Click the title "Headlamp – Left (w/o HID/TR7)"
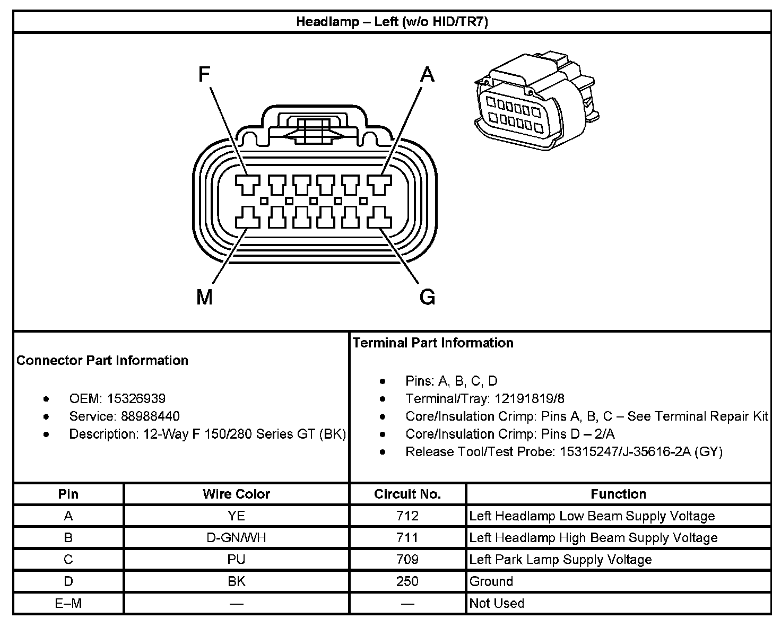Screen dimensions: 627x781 [x=392, y=22]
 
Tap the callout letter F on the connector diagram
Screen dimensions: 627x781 [x=204, y=75]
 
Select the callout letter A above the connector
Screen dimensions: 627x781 [x=427, y=75]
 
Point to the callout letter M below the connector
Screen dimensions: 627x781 [x=204, y=297]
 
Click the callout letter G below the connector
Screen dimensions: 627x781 [x=427, y=297]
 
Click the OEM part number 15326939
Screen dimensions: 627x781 [x=136, y=398]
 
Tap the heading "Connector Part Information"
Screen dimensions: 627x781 [x=102, y=360]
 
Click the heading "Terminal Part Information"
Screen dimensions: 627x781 [x=433, y=343]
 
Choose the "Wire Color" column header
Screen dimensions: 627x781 [x=236, y=494]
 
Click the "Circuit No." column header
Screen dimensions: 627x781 [x=407, y=494]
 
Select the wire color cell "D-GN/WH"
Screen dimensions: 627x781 [x=236, y=538]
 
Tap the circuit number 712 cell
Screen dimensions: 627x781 [x=407, y=516]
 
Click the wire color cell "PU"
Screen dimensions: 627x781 [x=236, y=560]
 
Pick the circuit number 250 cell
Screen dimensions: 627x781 [x=407, y=581]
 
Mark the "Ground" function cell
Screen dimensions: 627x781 [x=491, y=581]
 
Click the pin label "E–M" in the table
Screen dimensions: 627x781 [x=68, y=603]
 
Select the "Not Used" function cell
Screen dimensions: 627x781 [x=497, y=603]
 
